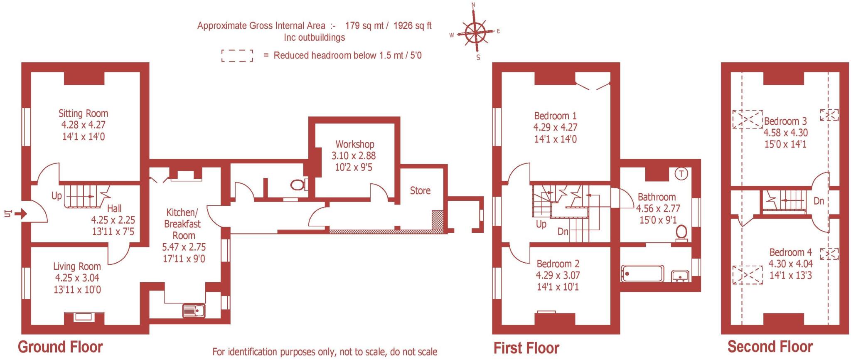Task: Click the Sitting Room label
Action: pyautogui.click(x=83, y=113)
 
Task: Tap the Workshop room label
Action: pyautogui.click(x=354, y=144)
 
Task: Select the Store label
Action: pyautogui.click(x=420, y=190)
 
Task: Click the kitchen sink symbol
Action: pyautogui.click(x=194, y=311)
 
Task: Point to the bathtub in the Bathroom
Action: pyautogui.click(x=642, y=274)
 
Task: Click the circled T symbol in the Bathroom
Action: pyautogui.click(x=681, y=174)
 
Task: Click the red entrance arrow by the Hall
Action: pyautogui.click(x=21, y=214)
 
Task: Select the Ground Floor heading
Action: pyautogui.click(x=60, y=347)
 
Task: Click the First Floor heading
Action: pyautogui.click(x=526, y=348)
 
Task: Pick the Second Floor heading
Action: pyautogui.click(x=770, y=346)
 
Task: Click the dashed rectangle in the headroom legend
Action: pyautogui.click(x=237, y=56)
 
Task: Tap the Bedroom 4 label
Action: pyautogui.click(x=790, y=252)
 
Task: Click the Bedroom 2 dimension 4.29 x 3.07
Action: pyautogui.click(x=558, y=275)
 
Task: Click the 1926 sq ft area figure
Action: pyautogui.click(x=412, y=26)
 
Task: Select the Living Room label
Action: pyautogui.click(x=77, y=266)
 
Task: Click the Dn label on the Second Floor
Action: pyautogui.click(x=819, y=201)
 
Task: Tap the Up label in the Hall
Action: pyautogui.click(x=57, y=195)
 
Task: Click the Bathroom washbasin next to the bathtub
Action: pyautogui.click(x=680, y=275)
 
